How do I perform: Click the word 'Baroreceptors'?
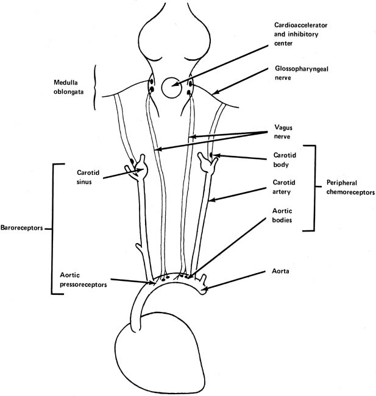coord(23,230)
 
